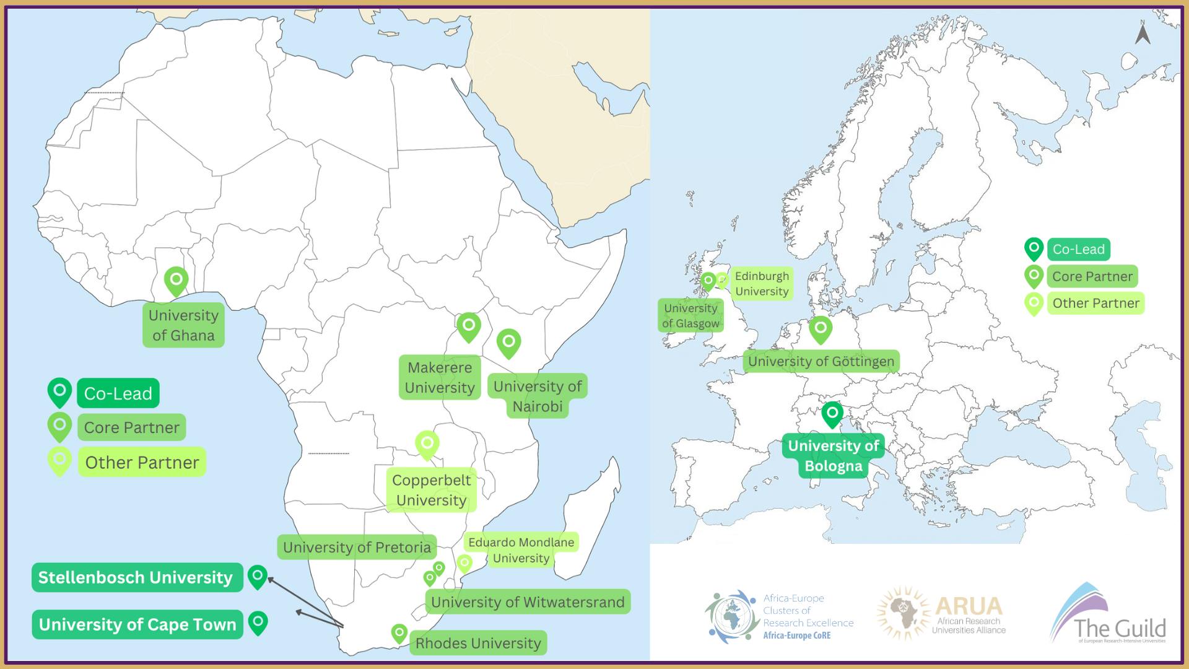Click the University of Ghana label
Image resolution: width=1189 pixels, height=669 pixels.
click(x=183, y=325)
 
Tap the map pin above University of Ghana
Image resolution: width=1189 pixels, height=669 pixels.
click(x=176, y=280)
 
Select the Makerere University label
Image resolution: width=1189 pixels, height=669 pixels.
click(x=440, y=377)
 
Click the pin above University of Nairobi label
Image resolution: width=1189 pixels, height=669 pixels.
click(x=508, y=342)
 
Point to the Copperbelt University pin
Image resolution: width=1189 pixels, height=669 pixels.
click(x=427, y=444)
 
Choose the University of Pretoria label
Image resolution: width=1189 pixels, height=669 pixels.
click(x=357, y=548)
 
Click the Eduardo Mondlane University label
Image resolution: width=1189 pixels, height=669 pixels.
click(x=521, y=550)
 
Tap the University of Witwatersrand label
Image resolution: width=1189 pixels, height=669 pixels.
click(x=528, y=602)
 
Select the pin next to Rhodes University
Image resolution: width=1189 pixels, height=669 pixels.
click(x=399, y=633)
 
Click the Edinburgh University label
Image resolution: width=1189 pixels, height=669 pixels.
click(x=762, y=284)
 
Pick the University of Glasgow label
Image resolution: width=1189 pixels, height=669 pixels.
click(x=690, y=316)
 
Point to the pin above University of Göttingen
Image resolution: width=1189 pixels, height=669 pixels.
click(x=821, y=328)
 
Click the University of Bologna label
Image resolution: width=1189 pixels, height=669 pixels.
click(x=833, y=455)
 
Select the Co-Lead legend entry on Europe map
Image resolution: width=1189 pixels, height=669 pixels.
click(x=1078, y=250)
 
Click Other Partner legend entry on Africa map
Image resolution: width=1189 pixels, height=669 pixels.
click(x=142, y=463)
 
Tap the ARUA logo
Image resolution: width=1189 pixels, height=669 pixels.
click(x=942, y=613)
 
